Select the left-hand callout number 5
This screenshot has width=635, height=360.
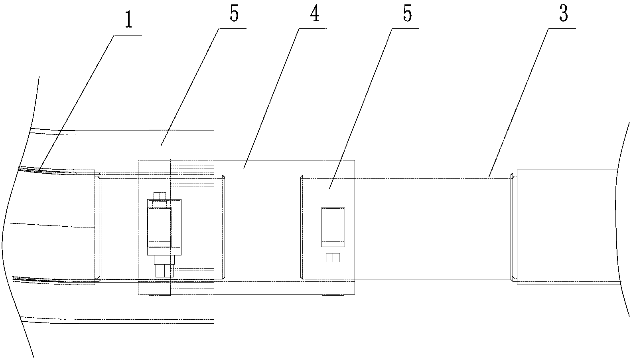pyautogui.click(x=234, y=14)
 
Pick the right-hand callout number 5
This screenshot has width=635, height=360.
pyautogui.click(x=407, y=14)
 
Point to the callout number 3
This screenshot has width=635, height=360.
pyautogui.click(x=564, y=14)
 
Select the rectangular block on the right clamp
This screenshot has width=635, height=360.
pyautogui.click(x=333, y=226)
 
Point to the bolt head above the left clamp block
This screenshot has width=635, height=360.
pyautogui.click(x=160, y=198)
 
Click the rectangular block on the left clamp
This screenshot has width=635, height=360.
pyautogui.click(x=160, y=227)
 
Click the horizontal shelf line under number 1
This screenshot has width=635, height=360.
pyautogui.click(x=128, y=35)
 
